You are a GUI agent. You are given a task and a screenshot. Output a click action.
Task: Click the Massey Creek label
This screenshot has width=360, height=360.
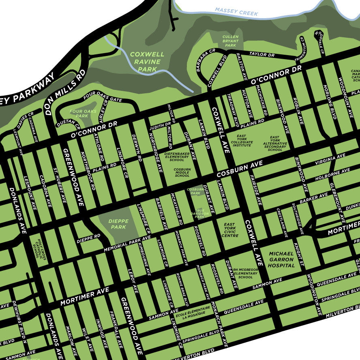[236, 11]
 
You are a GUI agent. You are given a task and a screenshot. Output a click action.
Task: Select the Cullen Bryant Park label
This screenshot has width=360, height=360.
[230, 41]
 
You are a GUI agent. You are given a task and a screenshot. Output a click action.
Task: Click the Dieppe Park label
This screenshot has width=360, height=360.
[118, 224]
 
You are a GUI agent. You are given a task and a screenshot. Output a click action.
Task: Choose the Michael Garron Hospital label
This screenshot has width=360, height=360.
[281, 259]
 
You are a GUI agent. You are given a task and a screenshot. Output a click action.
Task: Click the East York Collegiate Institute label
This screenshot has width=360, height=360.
[242, 141]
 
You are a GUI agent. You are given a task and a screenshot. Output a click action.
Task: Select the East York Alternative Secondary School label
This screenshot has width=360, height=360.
[275, 144]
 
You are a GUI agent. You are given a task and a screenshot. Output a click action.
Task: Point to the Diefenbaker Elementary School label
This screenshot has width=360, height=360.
[177, 157]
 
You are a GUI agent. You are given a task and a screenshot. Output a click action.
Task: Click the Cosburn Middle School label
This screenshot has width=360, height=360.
[182, 172]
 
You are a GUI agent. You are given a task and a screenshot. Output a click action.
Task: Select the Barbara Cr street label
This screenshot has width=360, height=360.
[206, 61]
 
